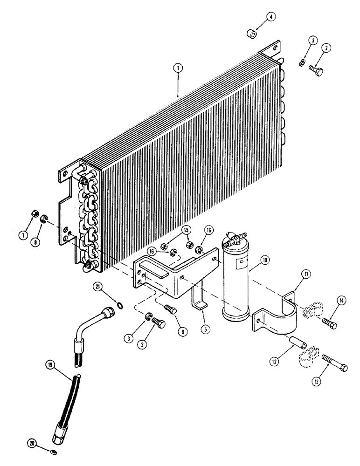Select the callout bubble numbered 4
tap(271, 17)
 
